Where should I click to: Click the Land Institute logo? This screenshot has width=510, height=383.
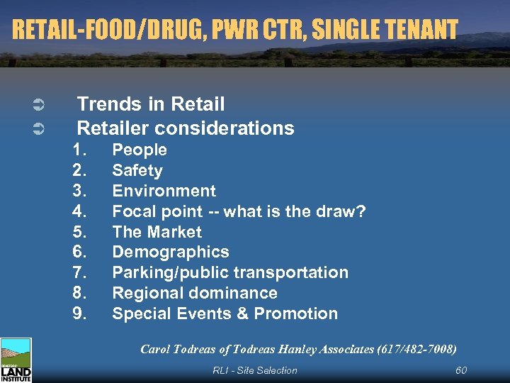click(x=16, y=360)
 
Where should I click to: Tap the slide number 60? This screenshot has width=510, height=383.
click(x=461, y=370)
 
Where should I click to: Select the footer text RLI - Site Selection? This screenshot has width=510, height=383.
click(x=255, y=370)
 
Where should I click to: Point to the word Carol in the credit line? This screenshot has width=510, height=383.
click(x=156, y=349)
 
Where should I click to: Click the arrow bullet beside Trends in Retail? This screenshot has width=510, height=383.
click(x=40, y=106)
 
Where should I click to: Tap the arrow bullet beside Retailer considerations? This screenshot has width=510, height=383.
click(x=40, y=129)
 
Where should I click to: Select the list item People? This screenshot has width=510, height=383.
click(x=140, y=150)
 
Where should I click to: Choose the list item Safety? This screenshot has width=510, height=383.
click(x=137, y=170)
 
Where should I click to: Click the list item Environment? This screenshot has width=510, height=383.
click(x=164, y=191)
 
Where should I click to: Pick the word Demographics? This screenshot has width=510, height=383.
click(x=171, y=252)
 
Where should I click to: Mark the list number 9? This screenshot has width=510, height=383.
click(x=79, y=313)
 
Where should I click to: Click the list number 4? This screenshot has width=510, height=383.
click(x=79, y=211)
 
